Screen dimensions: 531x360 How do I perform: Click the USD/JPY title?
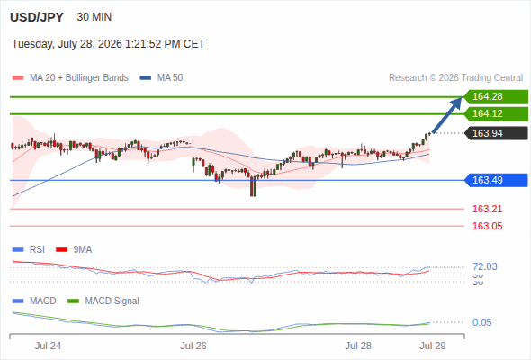(37, 17)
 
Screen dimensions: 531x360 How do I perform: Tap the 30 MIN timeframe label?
(94, 17)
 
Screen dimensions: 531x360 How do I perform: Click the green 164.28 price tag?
(496, 96)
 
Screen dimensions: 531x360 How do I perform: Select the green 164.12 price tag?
(496, 113)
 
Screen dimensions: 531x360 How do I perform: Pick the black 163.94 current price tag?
(496, 133)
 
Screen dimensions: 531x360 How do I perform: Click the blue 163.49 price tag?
(496, 180)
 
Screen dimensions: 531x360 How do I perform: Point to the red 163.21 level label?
(487, 209)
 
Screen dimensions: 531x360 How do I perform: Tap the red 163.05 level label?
(487, 226)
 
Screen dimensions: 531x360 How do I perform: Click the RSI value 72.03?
(485, 266)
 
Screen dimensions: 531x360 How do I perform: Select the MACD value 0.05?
(481, 322)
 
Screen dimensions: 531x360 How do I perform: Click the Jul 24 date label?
(48, 346)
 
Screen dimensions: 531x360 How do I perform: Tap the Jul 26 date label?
(193, 346)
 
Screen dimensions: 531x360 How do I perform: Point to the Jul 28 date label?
(358, 346)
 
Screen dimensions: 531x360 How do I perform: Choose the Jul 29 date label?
(433, 346)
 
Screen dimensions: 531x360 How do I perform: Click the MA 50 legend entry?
(161, 78)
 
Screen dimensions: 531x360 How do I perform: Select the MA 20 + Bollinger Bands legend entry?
(70, 78)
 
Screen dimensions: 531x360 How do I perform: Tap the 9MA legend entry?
(74, 249)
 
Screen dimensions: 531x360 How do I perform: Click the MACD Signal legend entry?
(103, 301)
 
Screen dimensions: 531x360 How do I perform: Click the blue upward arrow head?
(457, 103)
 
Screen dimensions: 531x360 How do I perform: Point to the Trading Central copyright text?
(455, 78)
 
